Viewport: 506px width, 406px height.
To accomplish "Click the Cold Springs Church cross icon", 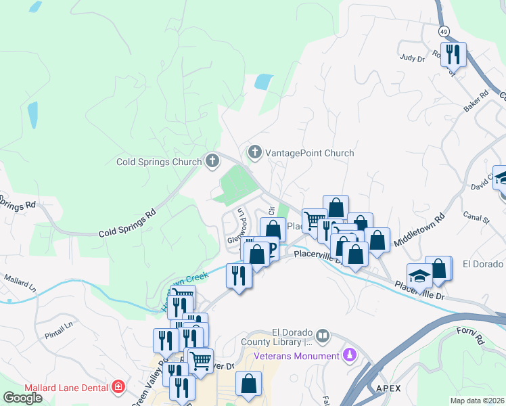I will (212, 161).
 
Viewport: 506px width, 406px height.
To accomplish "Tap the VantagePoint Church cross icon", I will (255, 152).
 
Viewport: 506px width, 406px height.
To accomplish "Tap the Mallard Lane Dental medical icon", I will (119, 387).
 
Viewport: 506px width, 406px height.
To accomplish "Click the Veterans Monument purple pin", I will (349, 354).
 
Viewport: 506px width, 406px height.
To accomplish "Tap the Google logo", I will (23, 397).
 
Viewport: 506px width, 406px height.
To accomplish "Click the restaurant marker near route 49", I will (453, 54).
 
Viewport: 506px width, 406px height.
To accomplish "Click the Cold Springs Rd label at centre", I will (127, 223).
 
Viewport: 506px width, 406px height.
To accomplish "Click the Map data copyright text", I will (478, 401).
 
